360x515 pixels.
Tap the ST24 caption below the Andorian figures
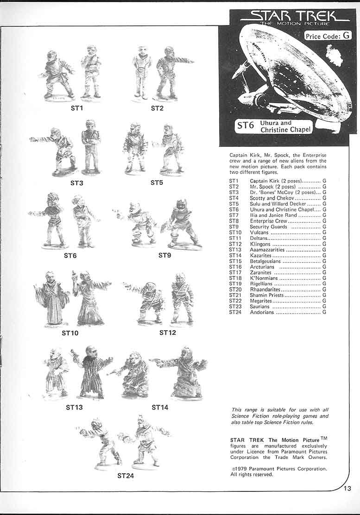pyautogui.click(x=126, y=476)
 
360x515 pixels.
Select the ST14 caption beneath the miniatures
pyautogui.click(x=160, y=408)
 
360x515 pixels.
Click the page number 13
pyautogui.click(x=348, y=488)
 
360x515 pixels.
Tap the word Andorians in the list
pyautogui.click(x=262, y=313)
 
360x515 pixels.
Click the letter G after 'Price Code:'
pyautogui.click(x=346, y=36)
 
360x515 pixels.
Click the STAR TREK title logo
pyautogui.click(x=295, y=17)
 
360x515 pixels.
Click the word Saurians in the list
pyautogui.click(x=260, y=307)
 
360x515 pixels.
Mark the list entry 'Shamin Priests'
pyautogui.click(x=266, y=295)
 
